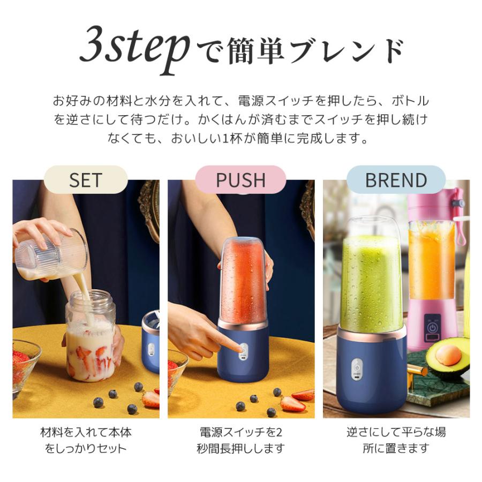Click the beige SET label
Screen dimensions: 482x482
[x=86, y=180]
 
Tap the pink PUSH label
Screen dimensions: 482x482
[x=240, y=180]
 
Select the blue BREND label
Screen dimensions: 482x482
[x=396, y=180]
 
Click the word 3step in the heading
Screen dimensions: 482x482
[x=134, y=51]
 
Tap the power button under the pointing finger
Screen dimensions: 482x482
[x=243, y=347]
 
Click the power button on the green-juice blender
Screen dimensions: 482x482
[x=355, y=369]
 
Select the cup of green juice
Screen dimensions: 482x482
[x=371, y=278]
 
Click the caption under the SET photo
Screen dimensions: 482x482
[x=86, y=440]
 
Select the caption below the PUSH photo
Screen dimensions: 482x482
[x=240, y=440]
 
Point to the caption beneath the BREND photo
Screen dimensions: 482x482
[x=396, y=440]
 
